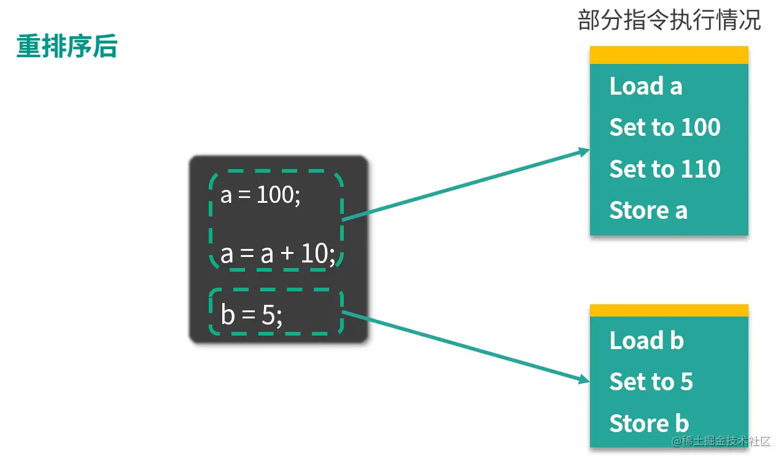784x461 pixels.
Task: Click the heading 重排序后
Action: tap(66, 47)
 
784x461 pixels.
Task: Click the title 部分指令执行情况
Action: tap(669, 21)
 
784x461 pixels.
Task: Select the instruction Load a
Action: tap(645, 86)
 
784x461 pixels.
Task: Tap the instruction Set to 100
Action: tap(664, 127)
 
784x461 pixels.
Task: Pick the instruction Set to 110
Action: tap(664, 169)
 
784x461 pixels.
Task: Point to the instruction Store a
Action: tap(648, 210)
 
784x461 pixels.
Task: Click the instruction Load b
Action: tap(646, 340)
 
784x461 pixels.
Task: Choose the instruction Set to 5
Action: tap(650, 382)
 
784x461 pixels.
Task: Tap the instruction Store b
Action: tap(648, 423)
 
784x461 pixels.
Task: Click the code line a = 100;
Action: tap(260, 195)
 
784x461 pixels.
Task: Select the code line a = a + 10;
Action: tap(278, 253)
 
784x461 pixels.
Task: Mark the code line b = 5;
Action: tap(251, 315)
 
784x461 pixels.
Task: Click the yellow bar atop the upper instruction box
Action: tap(669, 55)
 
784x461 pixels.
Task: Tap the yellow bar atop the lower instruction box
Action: tap(669, 310)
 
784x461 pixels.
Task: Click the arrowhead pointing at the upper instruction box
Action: tap(584, 151)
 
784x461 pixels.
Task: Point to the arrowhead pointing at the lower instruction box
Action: tap(584, 380)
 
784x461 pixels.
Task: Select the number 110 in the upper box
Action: tap(701, 169)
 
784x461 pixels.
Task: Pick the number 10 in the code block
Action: tap(314, 253)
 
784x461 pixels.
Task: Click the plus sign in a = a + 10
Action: tap(287, 254)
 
